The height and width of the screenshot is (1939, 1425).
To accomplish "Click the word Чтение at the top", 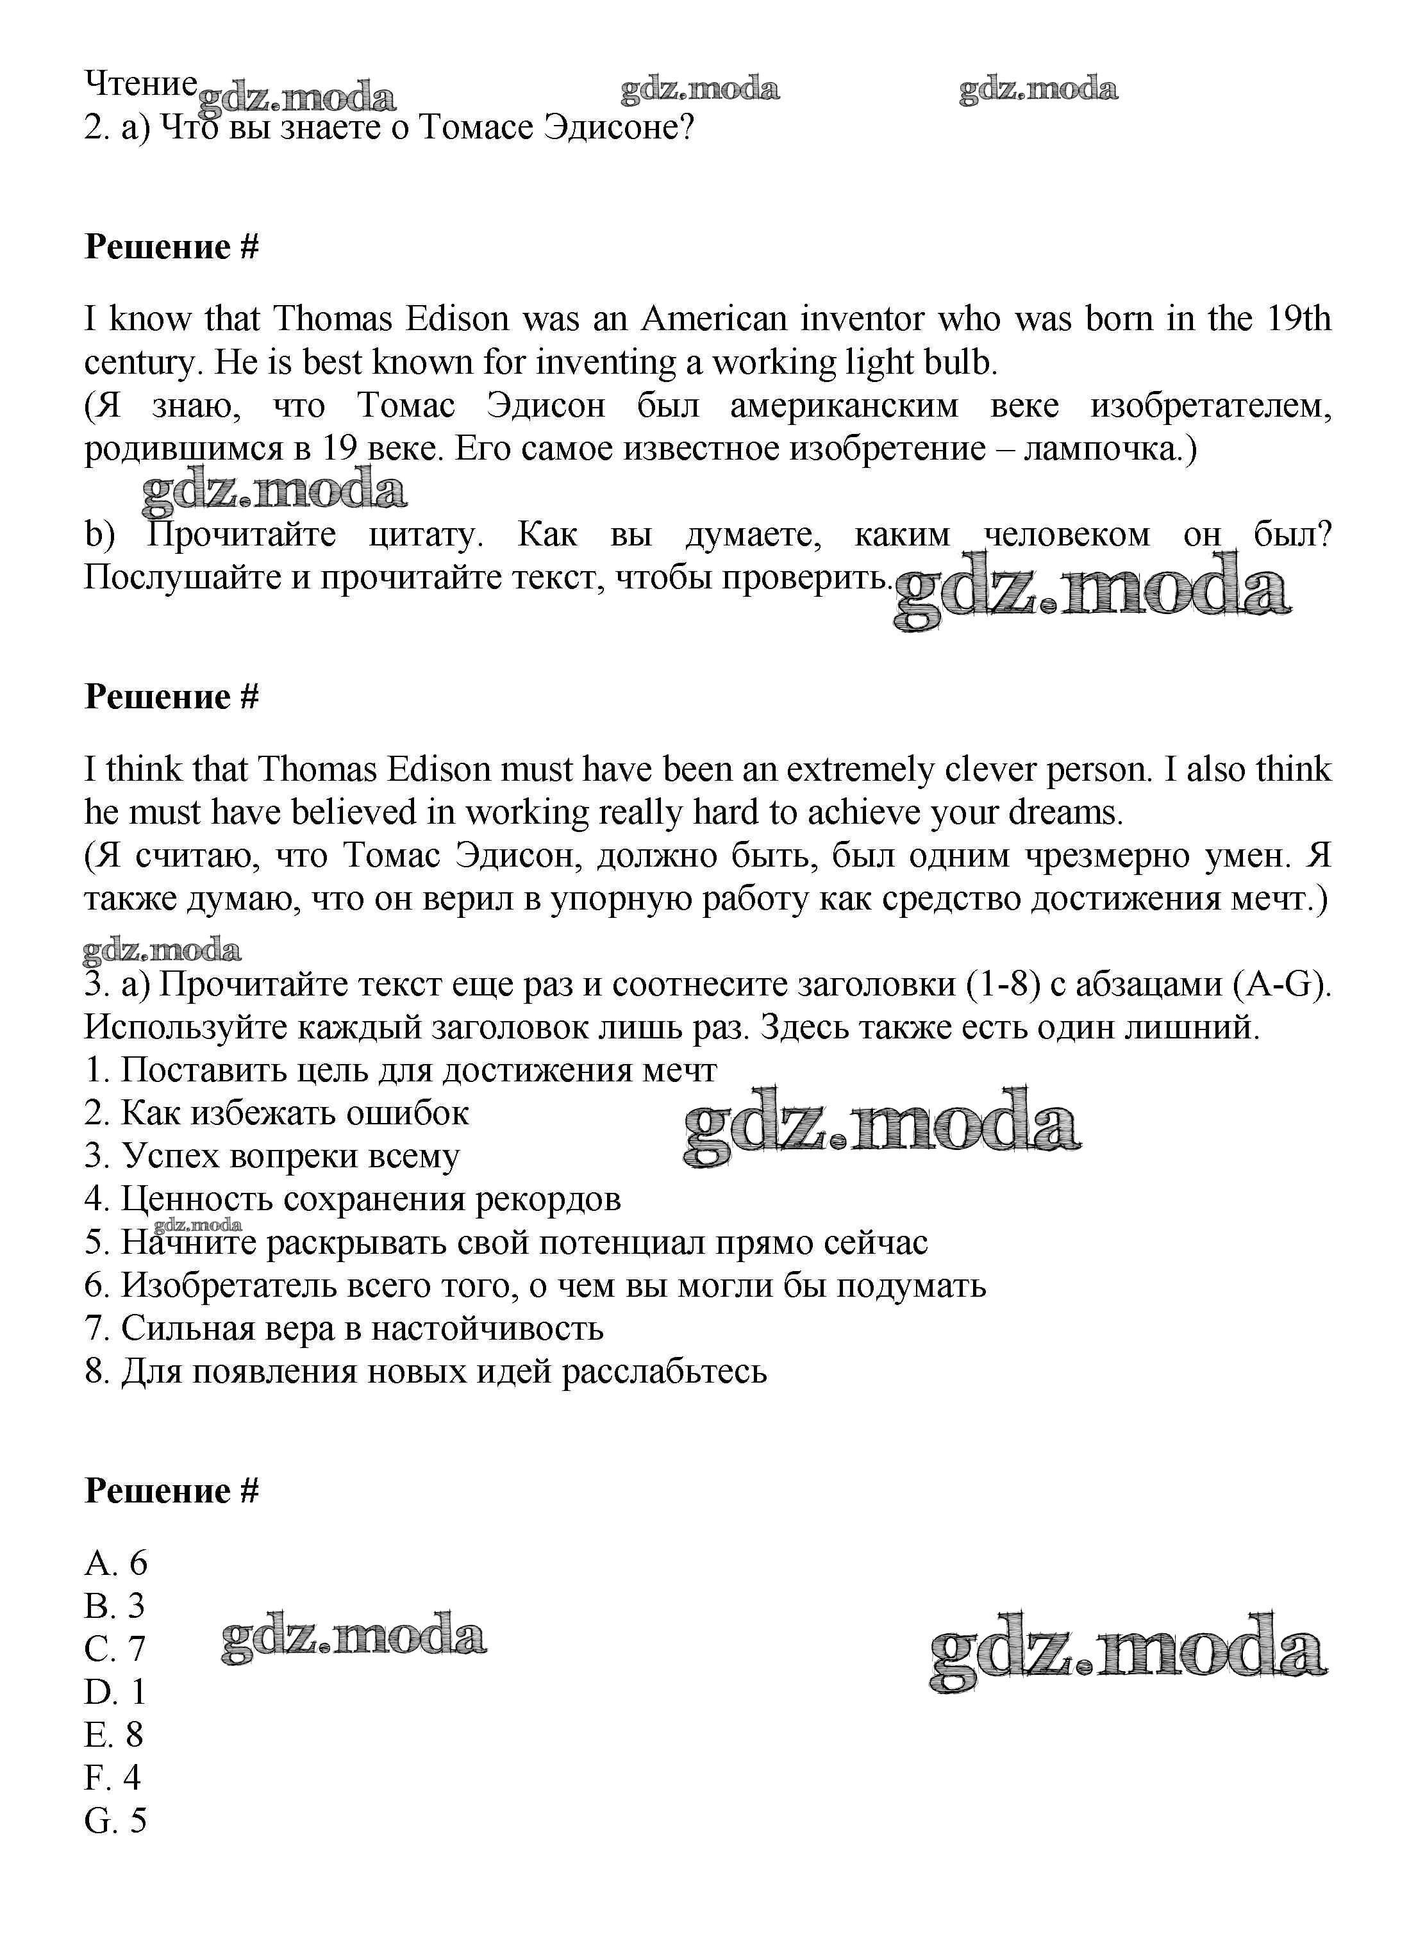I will (x=140, y=85).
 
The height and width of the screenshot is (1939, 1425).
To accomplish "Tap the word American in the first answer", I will (x=713, y=319).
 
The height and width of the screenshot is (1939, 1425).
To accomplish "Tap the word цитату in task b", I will (x=425, y=535).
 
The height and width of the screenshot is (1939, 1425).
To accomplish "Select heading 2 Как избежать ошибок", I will (x=276, y=1113).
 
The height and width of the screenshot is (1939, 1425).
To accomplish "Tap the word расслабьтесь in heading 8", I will (x=664, y=1372).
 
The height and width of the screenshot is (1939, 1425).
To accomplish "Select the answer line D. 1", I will (x=115, y=1692).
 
